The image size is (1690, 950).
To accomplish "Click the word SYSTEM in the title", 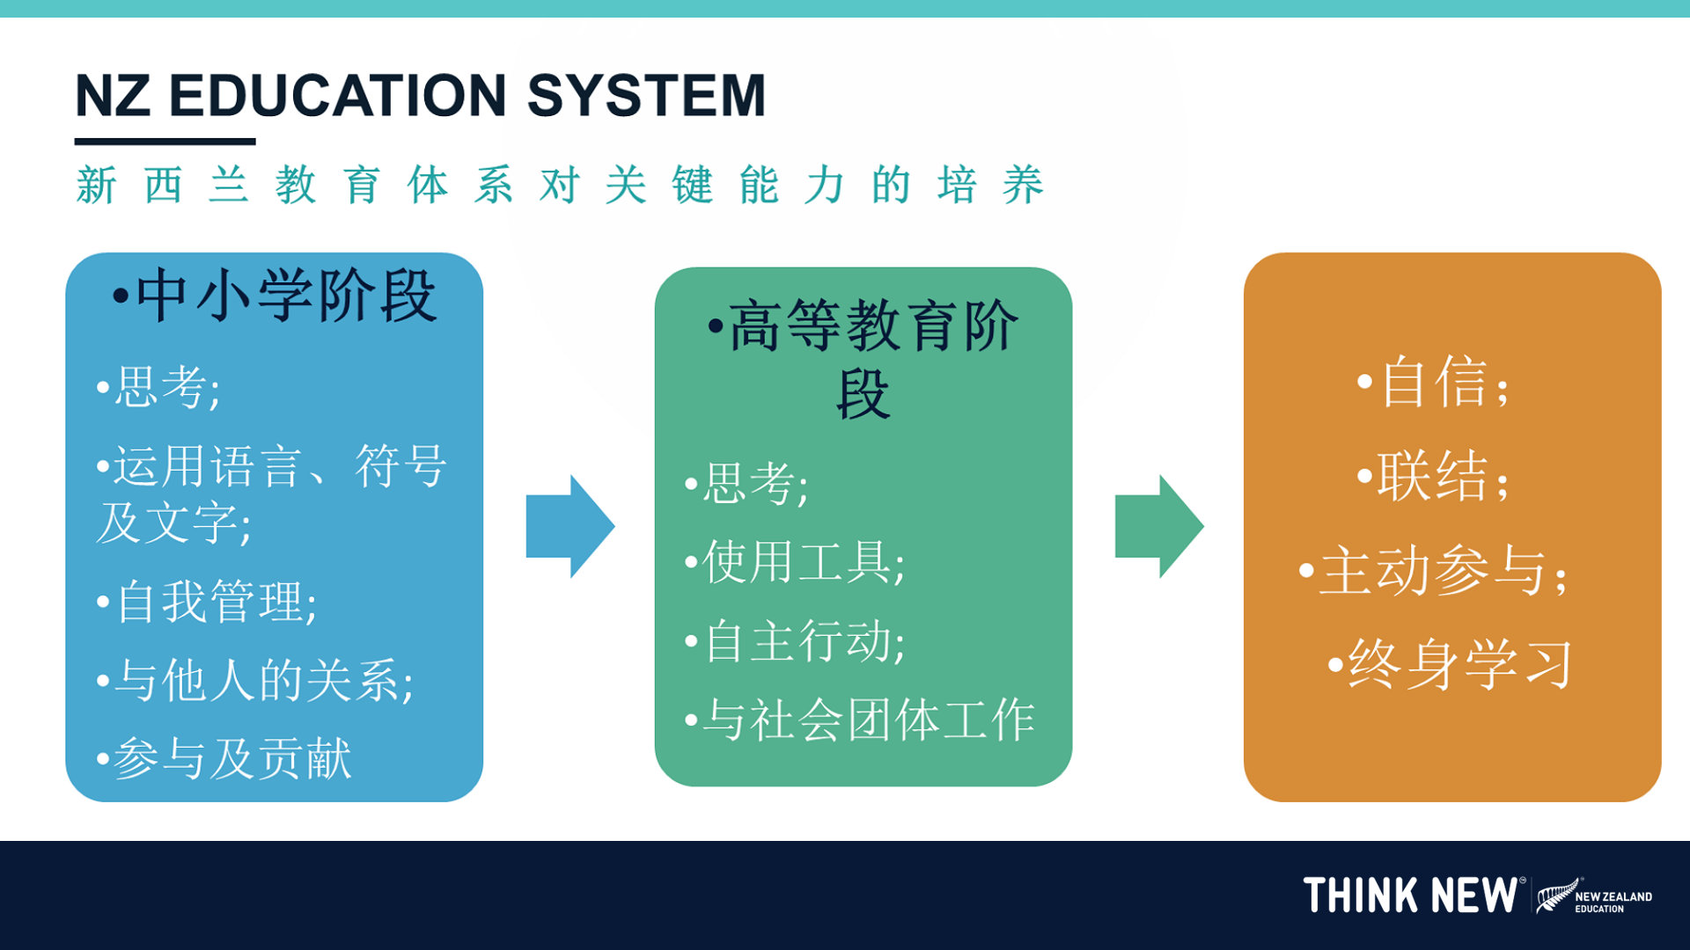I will (647, 95).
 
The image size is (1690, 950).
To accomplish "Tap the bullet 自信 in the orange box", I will (1435, 383).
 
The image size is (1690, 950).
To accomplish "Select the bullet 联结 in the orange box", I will (1435, 477).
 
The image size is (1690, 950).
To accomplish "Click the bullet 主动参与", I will (1435, 571).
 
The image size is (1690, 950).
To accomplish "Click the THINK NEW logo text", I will (1410, 895).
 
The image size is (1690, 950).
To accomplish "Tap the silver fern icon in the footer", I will (1556, 895).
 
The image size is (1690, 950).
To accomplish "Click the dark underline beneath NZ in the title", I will (165, 142).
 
